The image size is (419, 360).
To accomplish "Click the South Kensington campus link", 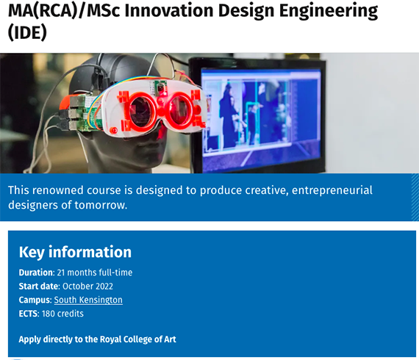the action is [x=88, y=300].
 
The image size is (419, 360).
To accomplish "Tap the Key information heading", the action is [x=75, y=252].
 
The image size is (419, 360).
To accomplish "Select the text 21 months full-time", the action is [x=95, y=273].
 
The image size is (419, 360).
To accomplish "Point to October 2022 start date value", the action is [x=87, y=287].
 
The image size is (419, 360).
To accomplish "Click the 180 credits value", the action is [x=62, y=314].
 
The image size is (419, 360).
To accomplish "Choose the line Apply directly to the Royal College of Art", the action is [x=97, y=339].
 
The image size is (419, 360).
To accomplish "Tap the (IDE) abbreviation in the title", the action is [x=27, y=32].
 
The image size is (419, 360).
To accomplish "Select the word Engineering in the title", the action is [x=329, y=12].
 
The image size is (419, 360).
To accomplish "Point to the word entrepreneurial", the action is [x=332, y=191].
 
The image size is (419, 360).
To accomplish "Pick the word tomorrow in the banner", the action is [x=101, y=205].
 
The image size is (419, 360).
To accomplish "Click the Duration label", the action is [x=37, y=273].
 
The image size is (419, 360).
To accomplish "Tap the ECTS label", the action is [x=29, y=314].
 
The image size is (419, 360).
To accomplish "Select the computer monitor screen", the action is [x=260, y=119].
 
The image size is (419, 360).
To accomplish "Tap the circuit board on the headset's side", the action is [x=85, y=113].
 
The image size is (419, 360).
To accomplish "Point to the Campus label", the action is [x=35, y=300].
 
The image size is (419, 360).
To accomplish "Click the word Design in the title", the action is [x=246, y=12].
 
